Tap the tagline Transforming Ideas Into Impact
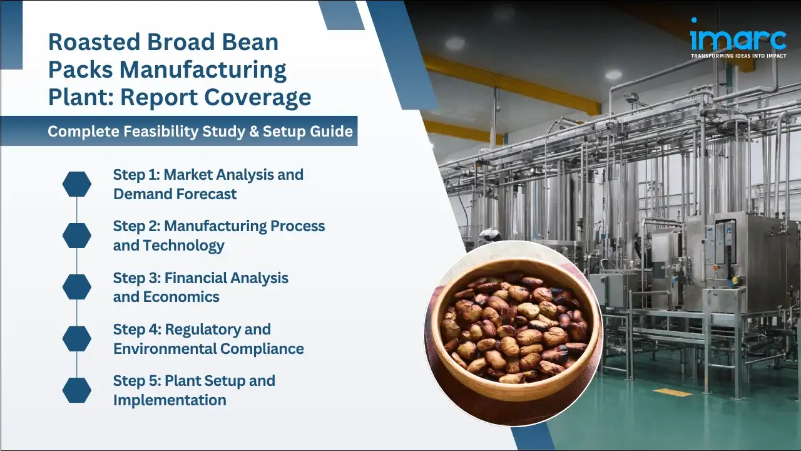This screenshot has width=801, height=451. [x=738, y=56]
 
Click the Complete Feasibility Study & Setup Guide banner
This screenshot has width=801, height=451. [x=200, y=132]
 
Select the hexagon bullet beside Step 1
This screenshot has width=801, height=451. [x=77, y=184]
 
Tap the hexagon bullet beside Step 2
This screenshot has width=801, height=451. [x=77, y=236]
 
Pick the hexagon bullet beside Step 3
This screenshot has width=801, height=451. [x=77, y=287]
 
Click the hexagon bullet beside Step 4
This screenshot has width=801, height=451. [x=77, y=339]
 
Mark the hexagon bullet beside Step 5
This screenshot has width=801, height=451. [x=77, y=390]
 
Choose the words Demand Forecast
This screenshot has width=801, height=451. [x=175, y=194]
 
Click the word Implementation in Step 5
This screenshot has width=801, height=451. [x=170, y=400]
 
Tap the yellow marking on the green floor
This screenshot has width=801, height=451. [x=673, y=393]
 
